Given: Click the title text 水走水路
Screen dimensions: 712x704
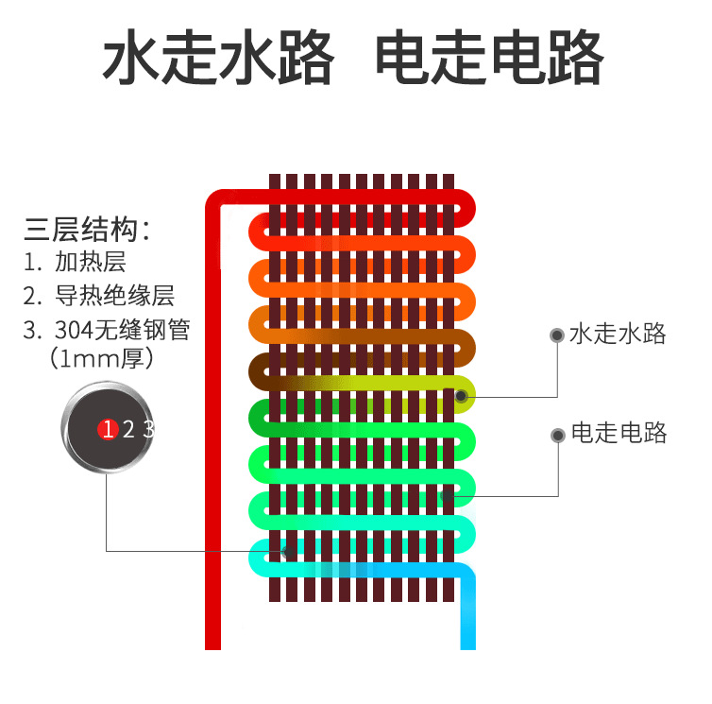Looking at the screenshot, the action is [x=218, y=59].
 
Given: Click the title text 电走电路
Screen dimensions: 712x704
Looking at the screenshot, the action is [x=489, y=59].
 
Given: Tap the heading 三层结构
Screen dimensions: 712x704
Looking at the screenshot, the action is [x=87, y=230].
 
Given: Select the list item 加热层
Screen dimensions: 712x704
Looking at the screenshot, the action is [x=90, y=262].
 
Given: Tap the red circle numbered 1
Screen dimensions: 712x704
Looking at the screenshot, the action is [x=107, y=430].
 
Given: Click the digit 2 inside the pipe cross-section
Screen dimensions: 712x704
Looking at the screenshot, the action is [x=128, y=430].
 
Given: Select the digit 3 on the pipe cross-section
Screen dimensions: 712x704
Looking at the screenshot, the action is [x=147, y=430].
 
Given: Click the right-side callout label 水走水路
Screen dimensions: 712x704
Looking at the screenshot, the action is [x=619, y=334].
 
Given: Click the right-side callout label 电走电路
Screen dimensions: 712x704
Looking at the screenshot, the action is [x=619, y=433].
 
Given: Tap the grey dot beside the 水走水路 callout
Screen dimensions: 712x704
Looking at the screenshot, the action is [x=557, y=335].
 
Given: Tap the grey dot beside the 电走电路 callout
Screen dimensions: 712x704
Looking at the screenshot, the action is [x=557, y=434].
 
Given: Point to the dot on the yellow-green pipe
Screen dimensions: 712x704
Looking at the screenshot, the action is [x=461, y=395].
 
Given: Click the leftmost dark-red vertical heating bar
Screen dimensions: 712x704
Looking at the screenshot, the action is [x=275, y=387].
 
